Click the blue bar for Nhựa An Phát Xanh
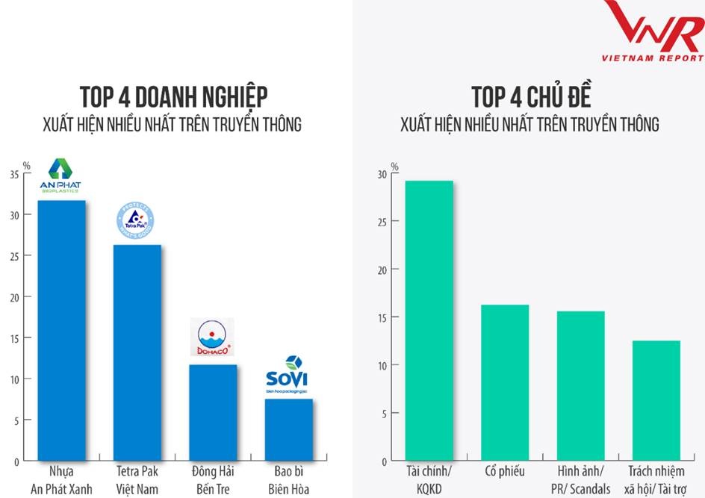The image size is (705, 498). tap(62, 331)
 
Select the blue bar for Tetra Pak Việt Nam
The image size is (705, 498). tap(137, 352)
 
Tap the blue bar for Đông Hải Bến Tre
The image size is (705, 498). tap(213, 412)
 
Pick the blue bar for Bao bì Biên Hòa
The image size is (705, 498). tap(288, 429)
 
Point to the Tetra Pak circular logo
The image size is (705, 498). tap(135, 220)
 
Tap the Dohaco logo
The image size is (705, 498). tap(212, 337)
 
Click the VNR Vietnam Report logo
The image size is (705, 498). tap(653, 31)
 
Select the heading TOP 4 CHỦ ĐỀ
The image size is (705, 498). tap(530, 98)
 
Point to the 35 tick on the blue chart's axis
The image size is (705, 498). tap(15, 175)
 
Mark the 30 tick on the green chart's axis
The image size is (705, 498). tap(382, 174)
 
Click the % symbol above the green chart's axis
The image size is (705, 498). tap(395, 166)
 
